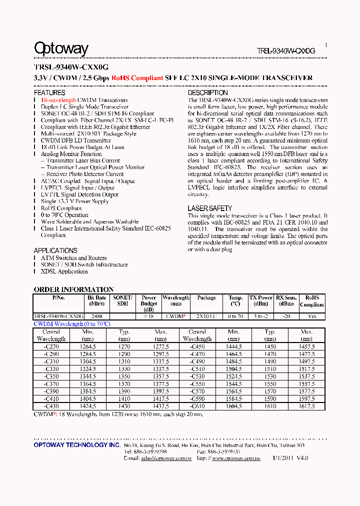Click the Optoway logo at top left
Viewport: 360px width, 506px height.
click(61, 48)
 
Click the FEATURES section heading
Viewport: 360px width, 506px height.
click(49, 93)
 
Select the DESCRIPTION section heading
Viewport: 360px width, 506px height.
click(207, 93)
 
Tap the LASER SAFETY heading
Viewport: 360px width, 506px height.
click(210, 208)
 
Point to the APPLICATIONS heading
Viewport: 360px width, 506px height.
click(55, 250)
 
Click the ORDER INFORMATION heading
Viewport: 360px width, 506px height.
click(73, 289)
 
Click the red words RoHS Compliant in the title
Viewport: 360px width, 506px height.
click(137, 78)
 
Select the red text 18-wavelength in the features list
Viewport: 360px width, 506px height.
click(58, 100)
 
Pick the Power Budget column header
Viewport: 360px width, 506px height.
click(148, 303)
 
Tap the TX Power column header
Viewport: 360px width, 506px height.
click(261, 300)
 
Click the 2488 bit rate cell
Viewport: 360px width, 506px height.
click(97, 316)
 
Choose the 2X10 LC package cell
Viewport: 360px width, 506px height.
click(206, 316)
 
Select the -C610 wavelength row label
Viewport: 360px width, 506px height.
click(197, 406)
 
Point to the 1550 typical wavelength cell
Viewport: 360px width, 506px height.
click(270, 384)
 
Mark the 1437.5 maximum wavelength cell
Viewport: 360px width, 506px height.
click(161, 406)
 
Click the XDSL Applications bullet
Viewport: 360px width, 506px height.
click(64, 271)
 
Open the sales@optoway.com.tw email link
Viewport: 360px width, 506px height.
click(165, 458)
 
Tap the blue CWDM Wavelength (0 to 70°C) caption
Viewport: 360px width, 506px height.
click(71, 324)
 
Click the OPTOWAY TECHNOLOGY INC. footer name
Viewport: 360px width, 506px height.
click(76, 445)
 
